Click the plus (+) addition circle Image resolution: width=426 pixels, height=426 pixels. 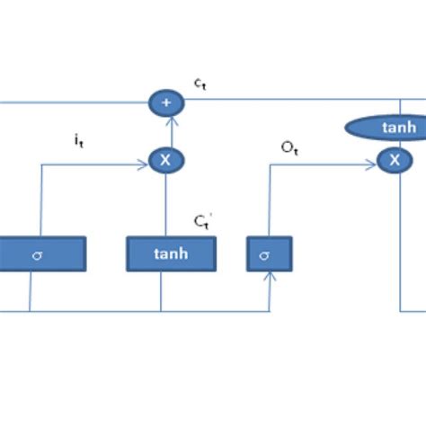point(164,103)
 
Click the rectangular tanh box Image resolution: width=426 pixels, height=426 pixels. point(171,253)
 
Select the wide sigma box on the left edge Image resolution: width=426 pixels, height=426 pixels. point(40,253)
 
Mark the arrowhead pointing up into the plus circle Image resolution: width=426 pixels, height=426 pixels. point(164,120)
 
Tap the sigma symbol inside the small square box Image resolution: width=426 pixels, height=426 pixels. point(264,255)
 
